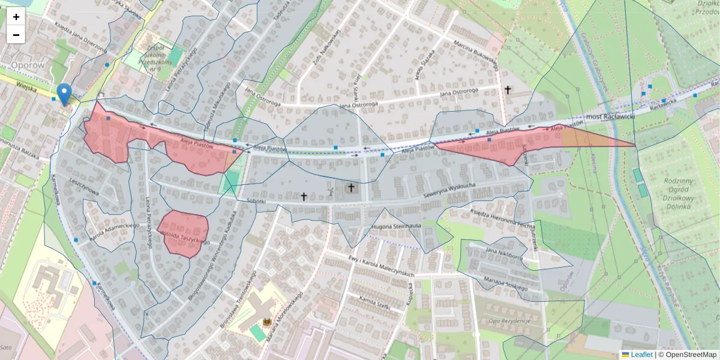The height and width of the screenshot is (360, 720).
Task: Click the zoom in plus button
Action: (16, 17)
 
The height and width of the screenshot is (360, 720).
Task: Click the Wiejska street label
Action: (27, 88)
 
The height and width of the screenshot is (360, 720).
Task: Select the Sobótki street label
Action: (256, 202)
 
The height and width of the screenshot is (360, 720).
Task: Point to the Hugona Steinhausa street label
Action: (397, 226)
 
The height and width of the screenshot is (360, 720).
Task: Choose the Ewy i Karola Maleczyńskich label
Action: (382, 266)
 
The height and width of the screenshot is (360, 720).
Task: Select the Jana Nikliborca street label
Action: (505, 254)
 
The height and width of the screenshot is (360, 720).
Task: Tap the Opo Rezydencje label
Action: (509, 321)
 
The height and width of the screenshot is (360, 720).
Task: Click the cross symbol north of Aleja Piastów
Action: (508, 90)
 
